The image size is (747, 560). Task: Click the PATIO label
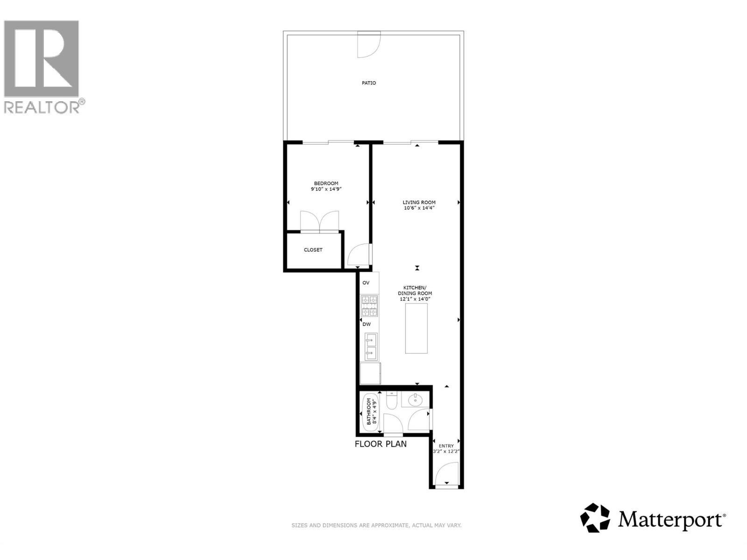coord(368,83)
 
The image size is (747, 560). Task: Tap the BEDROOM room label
coord(326,183)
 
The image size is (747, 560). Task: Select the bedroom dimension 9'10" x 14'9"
coord(326,189)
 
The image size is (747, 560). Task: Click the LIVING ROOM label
coord(419,203)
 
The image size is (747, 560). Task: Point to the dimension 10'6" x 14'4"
coord(419,208)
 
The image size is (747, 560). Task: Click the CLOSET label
coord(313,250)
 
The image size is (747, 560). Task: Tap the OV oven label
coord(366,283)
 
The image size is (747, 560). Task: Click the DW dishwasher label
coord(366,324)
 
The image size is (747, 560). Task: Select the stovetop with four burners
coord(369,306)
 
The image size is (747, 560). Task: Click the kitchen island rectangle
coord(416,329)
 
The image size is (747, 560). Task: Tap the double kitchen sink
coord(371,347)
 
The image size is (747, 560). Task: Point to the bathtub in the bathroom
coord(371,412)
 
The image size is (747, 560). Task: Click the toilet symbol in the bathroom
coord(391,400)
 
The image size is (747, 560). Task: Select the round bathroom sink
coord(415,399)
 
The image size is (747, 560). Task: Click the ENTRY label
coord(446,446)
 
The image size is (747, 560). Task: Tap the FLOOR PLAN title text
coord(381,444)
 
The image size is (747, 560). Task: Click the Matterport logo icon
coord(595,518)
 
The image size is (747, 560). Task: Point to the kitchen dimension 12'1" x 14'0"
coord(415,299)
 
